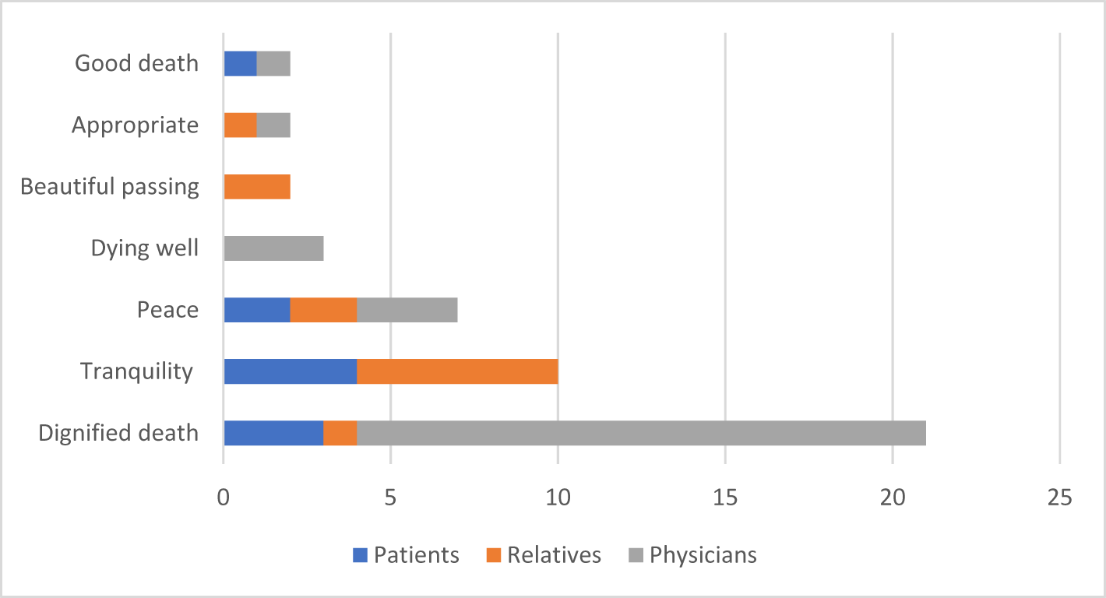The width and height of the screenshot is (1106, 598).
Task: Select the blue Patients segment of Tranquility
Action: (290, 371)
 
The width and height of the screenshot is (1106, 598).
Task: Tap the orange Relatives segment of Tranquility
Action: (457, 371)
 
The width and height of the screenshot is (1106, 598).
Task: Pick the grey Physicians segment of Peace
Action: (407, 310)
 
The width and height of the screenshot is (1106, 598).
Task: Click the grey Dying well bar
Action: (273, 248)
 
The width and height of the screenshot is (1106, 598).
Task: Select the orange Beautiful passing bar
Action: (256, 187)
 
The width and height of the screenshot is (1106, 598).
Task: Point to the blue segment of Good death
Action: (240, 64)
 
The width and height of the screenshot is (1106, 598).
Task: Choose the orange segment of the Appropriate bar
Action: (240, 125)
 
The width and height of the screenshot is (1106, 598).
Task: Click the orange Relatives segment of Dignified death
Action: (340, 433)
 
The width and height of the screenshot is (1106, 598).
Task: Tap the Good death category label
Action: (136, 64)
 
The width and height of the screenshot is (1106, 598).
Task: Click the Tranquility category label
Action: (136, 371)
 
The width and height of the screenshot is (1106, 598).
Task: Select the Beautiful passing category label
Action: (110, 187)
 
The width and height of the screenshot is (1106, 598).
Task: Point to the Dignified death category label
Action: (118, 433)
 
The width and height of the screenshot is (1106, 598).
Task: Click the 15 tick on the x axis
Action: (725, 497)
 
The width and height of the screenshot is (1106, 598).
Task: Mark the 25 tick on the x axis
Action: (1059, 497)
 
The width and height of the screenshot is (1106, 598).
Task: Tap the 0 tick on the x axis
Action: (224, 497)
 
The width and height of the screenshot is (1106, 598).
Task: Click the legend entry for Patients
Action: (405, 555)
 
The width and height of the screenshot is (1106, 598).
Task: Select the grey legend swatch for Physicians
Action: (636, 555)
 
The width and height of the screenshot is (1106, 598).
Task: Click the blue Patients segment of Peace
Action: (256, 310)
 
